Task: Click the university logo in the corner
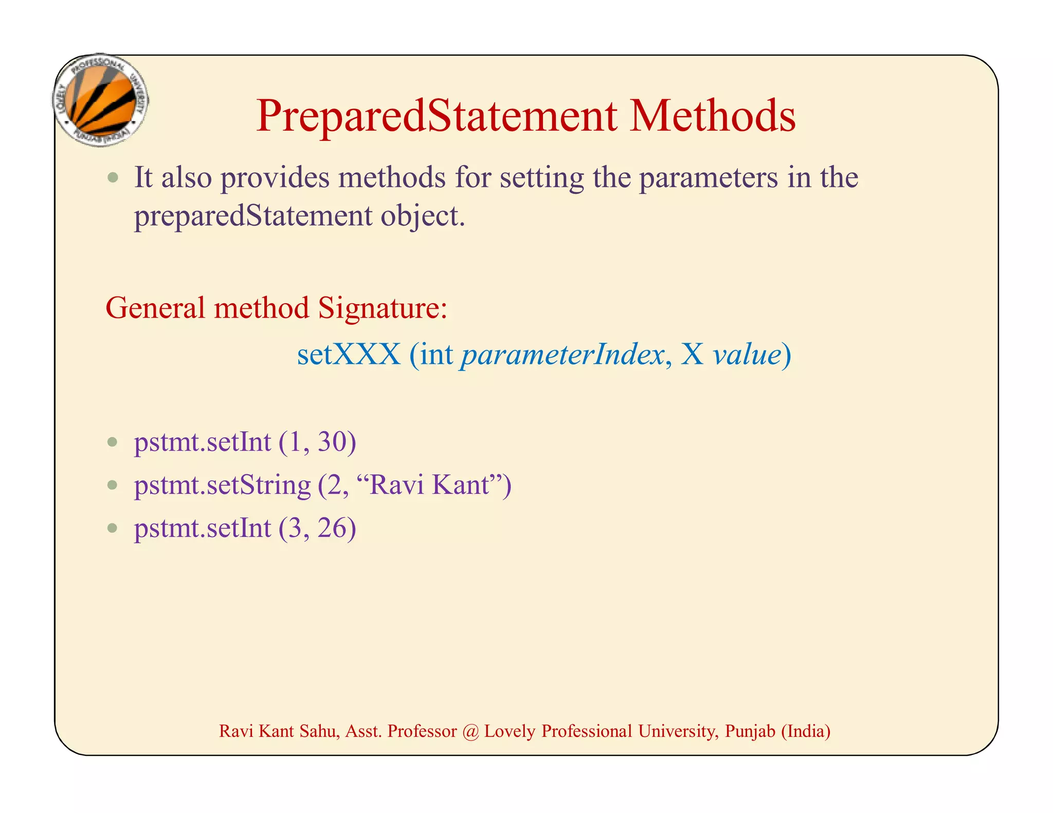[x=101, y=100]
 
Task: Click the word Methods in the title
[x=713, y=116]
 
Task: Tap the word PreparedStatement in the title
[x=436, y=116]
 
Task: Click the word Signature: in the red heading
[x=383, y=308]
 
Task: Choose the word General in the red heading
[x=155, y=308]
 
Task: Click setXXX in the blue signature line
[x=349, y=355]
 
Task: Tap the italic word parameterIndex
[x=562, y=355]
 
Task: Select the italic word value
[x=747, y=355]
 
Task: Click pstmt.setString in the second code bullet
[x=222, y=485]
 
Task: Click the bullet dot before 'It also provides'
[x=113, y=178]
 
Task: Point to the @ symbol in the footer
[x=470, y=731]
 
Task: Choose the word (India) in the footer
[x=806, y=731]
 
